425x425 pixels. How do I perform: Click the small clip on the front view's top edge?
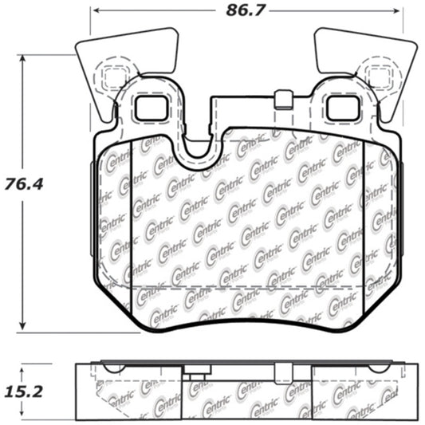pos(280,101)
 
